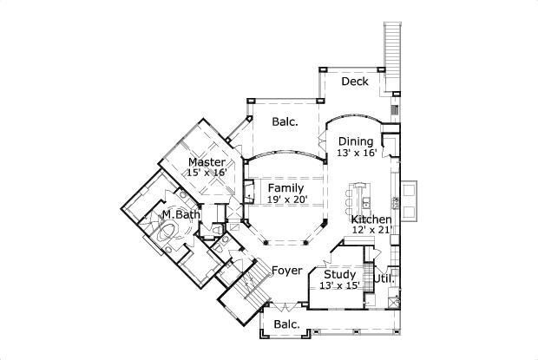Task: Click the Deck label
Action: click(x=354, y=82)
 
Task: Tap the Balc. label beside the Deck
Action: click(x=285, y=122)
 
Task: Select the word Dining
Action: click(x=356, y=142)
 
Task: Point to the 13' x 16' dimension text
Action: click(x=356, y=154)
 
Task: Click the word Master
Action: click(x=207, y=162)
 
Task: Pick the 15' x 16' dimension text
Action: click(x=207, y=173)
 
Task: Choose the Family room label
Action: click(x=285, y=188)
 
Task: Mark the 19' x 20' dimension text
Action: click(x=285, y=200)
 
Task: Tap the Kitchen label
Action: click(x=371, y=219)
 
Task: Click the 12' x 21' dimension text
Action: click(x=371, y=231)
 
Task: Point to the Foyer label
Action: click(x=286, y=271)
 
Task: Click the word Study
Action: click(x=339, y=274)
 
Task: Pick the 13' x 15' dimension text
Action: click(x=339, y=285)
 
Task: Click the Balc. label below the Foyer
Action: click(x=286, y=324)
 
